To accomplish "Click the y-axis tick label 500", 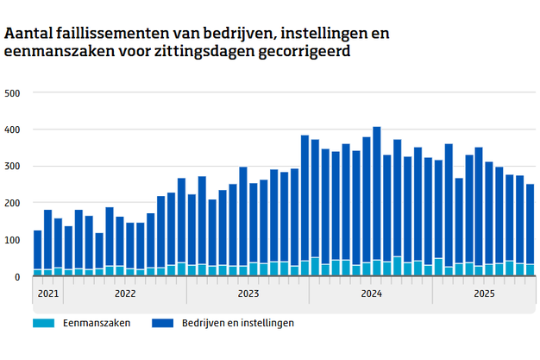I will [x=13, y=92].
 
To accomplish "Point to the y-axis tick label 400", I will [x=13, y=129].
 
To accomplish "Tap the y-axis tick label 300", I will [x=13, y=166].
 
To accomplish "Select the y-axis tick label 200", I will [x=13, y=203].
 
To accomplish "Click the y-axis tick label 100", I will [x=13, y=240].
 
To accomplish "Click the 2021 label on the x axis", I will [x=47, y=294].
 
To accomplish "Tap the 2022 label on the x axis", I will [x=125, y=294].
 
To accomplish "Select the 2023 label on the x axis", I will [x=248, y=294].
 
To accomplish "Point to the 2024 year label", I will [x=372, y=294].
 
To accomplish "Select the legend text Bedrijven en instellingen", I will [x=238, y=323].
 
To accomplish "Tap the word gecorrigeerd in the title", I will [x=302, y=53].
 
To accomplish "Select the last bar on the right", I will [x=531, y=230].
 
